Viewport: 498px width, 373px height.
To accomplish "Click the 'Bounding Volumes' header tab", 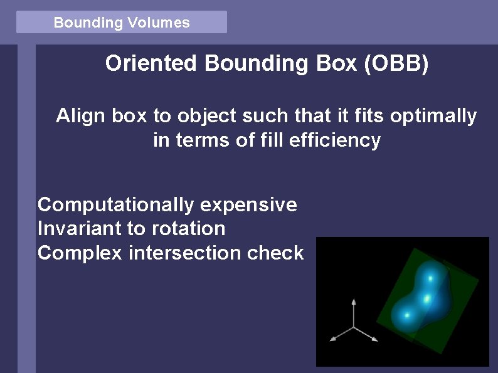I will [121, 23].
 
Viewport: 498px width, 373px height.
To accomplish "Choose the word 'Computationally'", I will [115, 205].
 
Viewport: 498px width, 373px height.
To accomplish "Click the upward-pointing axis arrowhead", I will [354, 302].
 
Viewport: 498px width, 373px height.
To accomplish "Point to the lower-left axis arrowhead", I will [334, 339].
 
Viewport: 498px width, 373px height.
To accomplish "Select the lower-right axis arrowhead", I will [374, 339].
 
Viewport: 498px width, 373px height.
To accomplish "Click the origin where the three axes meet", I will [354, 327].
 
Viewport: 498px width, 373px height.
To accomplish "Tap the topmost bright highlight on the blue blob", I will [430, 277].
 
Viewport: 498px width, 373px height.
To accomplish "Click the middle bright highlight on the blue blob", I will [426, 299].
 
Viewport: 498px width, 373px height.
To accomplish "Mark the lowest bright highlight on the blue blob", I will [407, 315].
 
